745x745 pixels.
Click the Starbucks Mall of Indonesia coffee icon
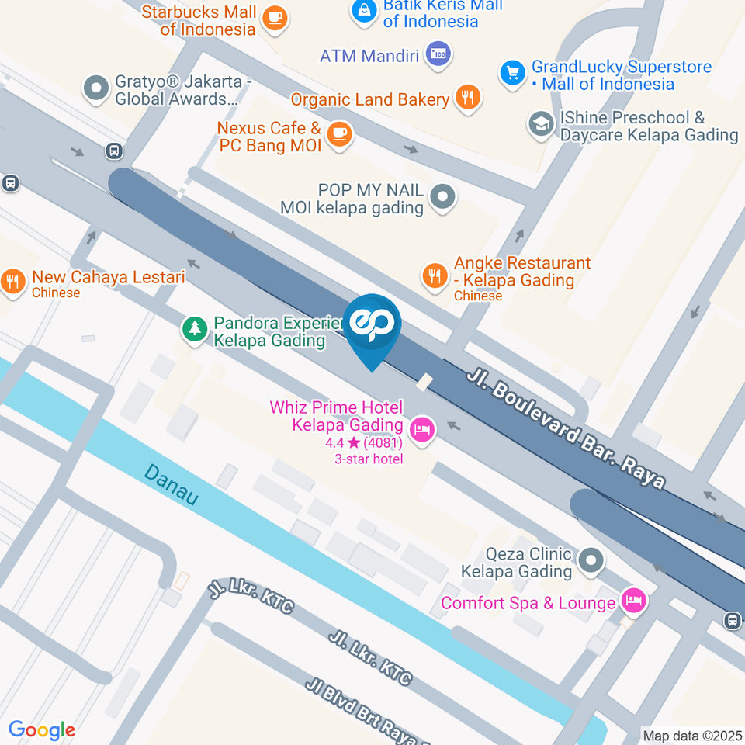click(x=273, y=18)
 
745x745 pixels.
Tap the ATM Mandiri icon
click(x=438, y=54)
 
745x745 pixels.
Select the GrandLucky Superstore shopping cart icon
click(x=511, y=74)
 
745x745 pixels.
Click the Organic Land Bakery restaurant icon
click(x=468, y=99)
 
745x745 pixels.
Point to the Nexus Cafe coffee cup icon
click(x=339, y=134)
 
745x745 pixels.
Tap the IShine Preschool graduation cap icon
click(x=539, y=124)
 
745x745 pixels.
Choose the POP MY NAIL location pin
click(x=443, y=196)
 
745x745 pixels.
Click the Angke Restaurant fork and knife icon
click(x=434, y=275)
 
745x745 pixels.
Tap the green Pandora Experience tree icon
click(x=193, y=329)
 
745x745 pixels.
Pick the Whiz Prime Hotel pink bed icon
click(x=422, y=428)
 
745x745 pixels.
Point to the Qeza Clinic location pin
click(x=591, y=560)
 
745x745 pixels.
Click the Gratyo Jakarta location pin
click(x=96, y=88)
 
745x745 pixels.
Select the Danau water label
click(x=171, y=485)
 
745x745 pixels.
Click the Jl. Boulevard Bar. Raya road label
click(x=567, y=428)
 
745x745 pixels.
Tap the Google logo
click(x=42, y=729)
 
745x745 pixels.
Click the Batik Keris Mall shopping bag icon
click(x=364, y=10)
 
